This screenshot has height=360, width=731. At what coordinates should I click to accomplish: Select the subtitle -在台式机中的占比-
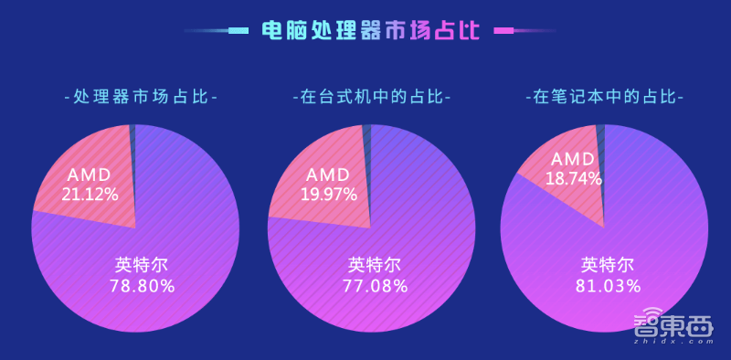tap(371, 96)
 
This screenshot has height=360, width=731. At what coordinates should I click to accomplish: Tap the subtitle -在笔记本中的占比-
tap(604, 96)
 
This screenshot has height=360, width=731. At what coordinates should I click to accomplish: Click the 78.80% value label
tap(142, 285)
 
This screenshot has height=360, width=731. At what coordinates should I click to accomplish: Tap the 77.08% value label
tap(375, 285)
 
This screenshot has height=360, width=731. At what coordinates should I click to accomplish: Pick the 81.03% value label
tap(607, 285)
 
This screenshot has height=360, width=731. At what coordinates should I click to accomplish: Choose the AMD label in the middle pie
tap(327, 174)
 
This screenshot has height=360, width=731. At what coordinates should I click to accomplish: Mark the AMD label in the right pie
tap(574, 160)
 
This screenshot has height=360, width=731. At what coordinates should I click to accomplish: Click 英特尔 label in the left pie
tap(142, 265)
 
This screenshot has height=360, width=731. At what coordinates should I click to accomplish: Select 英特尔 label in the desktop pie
tap(375, 265)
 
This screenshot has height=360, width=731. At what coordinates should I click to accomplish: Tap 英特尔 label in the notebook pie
tap(607, 265)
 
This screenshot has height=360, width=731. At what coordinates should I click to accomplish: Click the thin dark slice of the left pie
tap(132, 137)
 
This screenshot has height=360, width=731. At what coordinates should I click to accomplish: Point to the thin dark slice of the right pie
tap(599, 137)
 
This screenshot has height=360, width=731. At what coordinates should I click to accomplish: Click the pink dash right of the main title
tap(503, 31)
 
